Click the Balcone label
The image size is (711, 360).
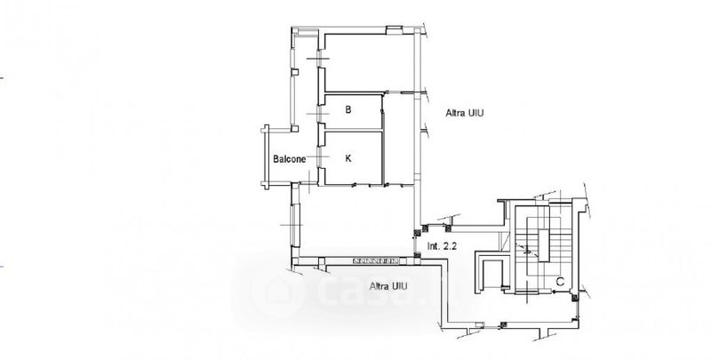[x=290, y=159]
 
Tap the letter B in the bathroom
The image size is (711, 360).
[x=348, y=109]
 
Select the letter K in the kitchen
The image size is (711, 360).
[x=348, y=158]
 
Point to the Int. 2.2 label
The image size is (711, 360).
[x=442, y=246]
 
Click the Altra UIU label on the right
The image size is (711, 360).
[x=464, y=113]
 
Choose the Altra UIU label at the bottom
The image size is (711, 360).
[x=388, y=286]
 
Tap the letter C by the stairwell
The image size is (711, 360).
[x=560, y=282]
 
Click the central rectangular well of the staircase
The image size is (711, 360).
[x=543, y=245]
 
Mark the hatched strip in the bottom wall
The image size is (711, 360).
[x=375, y=260]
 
